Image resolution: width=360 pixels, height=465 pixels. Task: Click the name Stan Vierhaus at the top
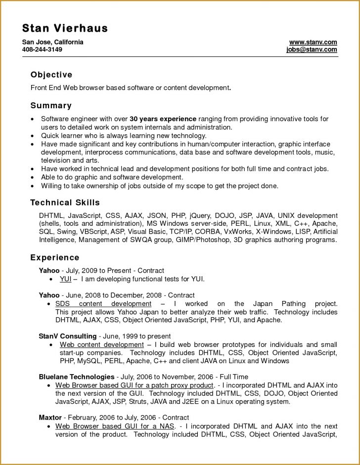click(x=65, y=28)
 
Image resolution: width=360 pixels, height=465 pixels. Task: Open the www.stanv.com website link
click(x=313, y=42)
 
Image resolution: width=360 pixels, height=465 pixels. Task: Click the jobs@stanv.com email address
click(x=312, y=50)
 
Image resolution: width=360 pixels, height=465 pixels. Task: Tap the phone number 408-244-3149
click(x=42, y=50)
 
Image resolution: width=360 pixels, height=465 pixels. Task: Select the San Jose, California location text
click(x=53, y=42)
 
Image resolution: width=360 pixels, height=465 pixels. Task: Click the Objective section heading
click(x=51, y=75)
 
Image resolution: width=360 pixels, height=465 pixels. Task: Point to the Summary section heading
click(x=51, y=105)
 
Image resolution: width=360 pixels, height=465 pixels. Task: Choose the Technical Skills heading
click(x=65, y=203)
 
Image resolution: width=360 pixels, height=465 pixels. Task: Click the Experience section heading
click(x=54, y=257)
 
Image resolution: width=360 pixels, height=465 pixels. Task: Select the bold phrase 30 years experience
click(x=163, y=119)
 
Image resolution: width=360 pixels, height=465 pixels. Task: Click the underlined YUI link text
click(x=65, y=279)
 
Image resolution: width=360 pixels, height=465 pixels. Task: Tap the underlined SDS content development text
click(x=103, y=304)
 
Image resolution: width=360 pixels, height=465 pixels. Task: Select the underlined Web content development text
click(x=101, y=344)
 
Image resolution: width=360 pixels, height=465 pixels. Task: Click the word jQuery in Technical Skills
click(x=199, y=216)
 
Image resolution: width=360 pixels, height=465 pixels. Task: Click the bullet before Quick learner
click(x=33, y=135)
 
